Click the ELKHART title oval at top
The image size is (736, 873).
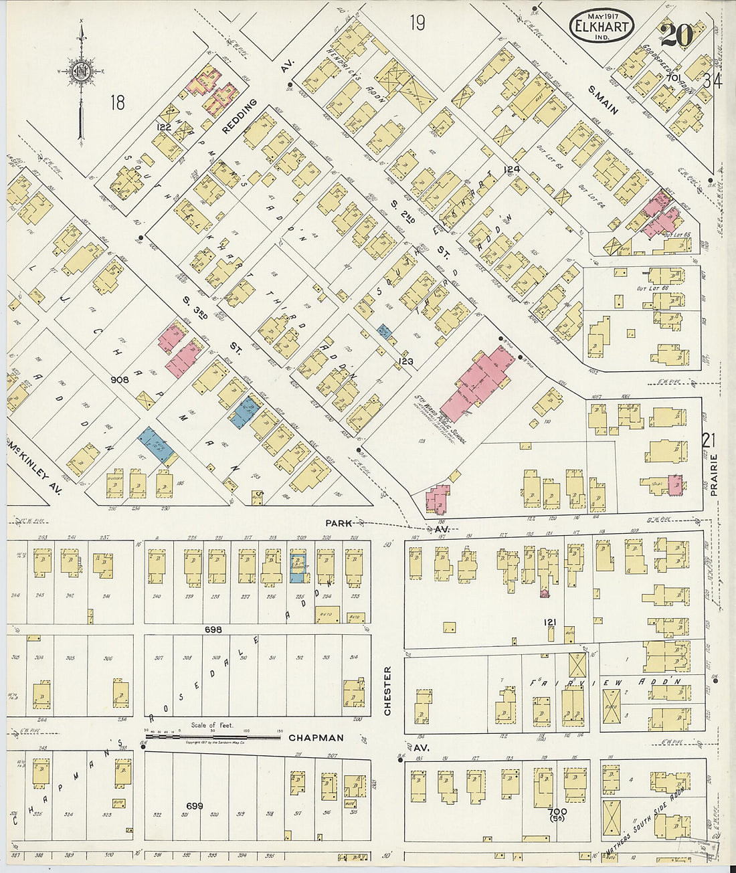[x=602, y=26]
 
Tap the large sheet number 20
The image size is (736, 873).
[x=676, y=35]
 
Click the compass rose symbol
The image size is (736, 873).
[x=81, y=72]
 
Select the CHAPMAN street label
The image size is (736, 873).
[x=316, y=738]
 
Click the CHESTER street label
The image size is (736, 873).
[x=387, y=690]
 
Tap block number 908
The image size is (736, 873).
[x=120, y=379]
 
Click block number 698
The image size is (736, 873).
[x=213, y=629]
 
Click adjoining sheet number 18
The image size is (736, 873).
[x=118, y=102]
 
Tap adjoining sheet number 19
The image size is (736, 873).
[x=418, y=23]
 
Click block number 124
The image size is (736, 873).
[x=512, y=169]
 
